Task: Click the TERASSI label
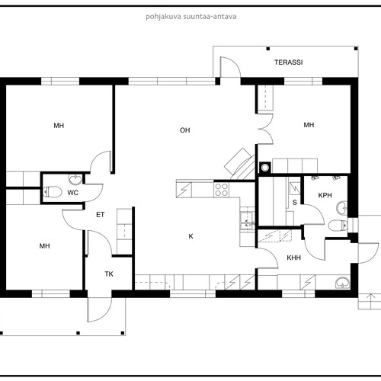pos(288,62)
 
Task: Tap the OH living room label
pos(185,130)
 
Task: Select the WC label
pos(73,193)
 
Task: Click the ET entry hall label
pos(101,215)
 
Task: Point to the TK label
pos(109,274)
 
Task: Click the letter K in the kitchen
pos(191,236)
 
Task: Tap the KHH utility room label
pos(294,258)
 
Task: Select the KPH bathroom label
pos(325,195)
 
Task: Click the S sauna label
pos(295,203)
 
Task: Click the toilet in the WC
pos(53,192)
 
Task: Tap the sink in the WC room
pos(75,179)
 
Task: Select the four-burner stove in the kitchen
pos(221,190)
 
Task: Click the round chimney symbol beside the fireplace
pos(265,168)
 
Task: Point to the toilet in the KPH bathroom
pos(338,226)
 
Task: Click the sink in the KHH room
pos(342,283)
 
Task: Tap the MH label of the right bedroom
pos(309,125)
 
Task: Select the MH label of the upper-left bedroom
pos(59,126)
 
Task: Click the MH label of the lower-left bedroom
pos(44,246)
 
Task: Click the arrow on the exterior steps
pos(371,300)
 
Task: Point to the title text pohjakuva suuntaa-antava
pos(191,17)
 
